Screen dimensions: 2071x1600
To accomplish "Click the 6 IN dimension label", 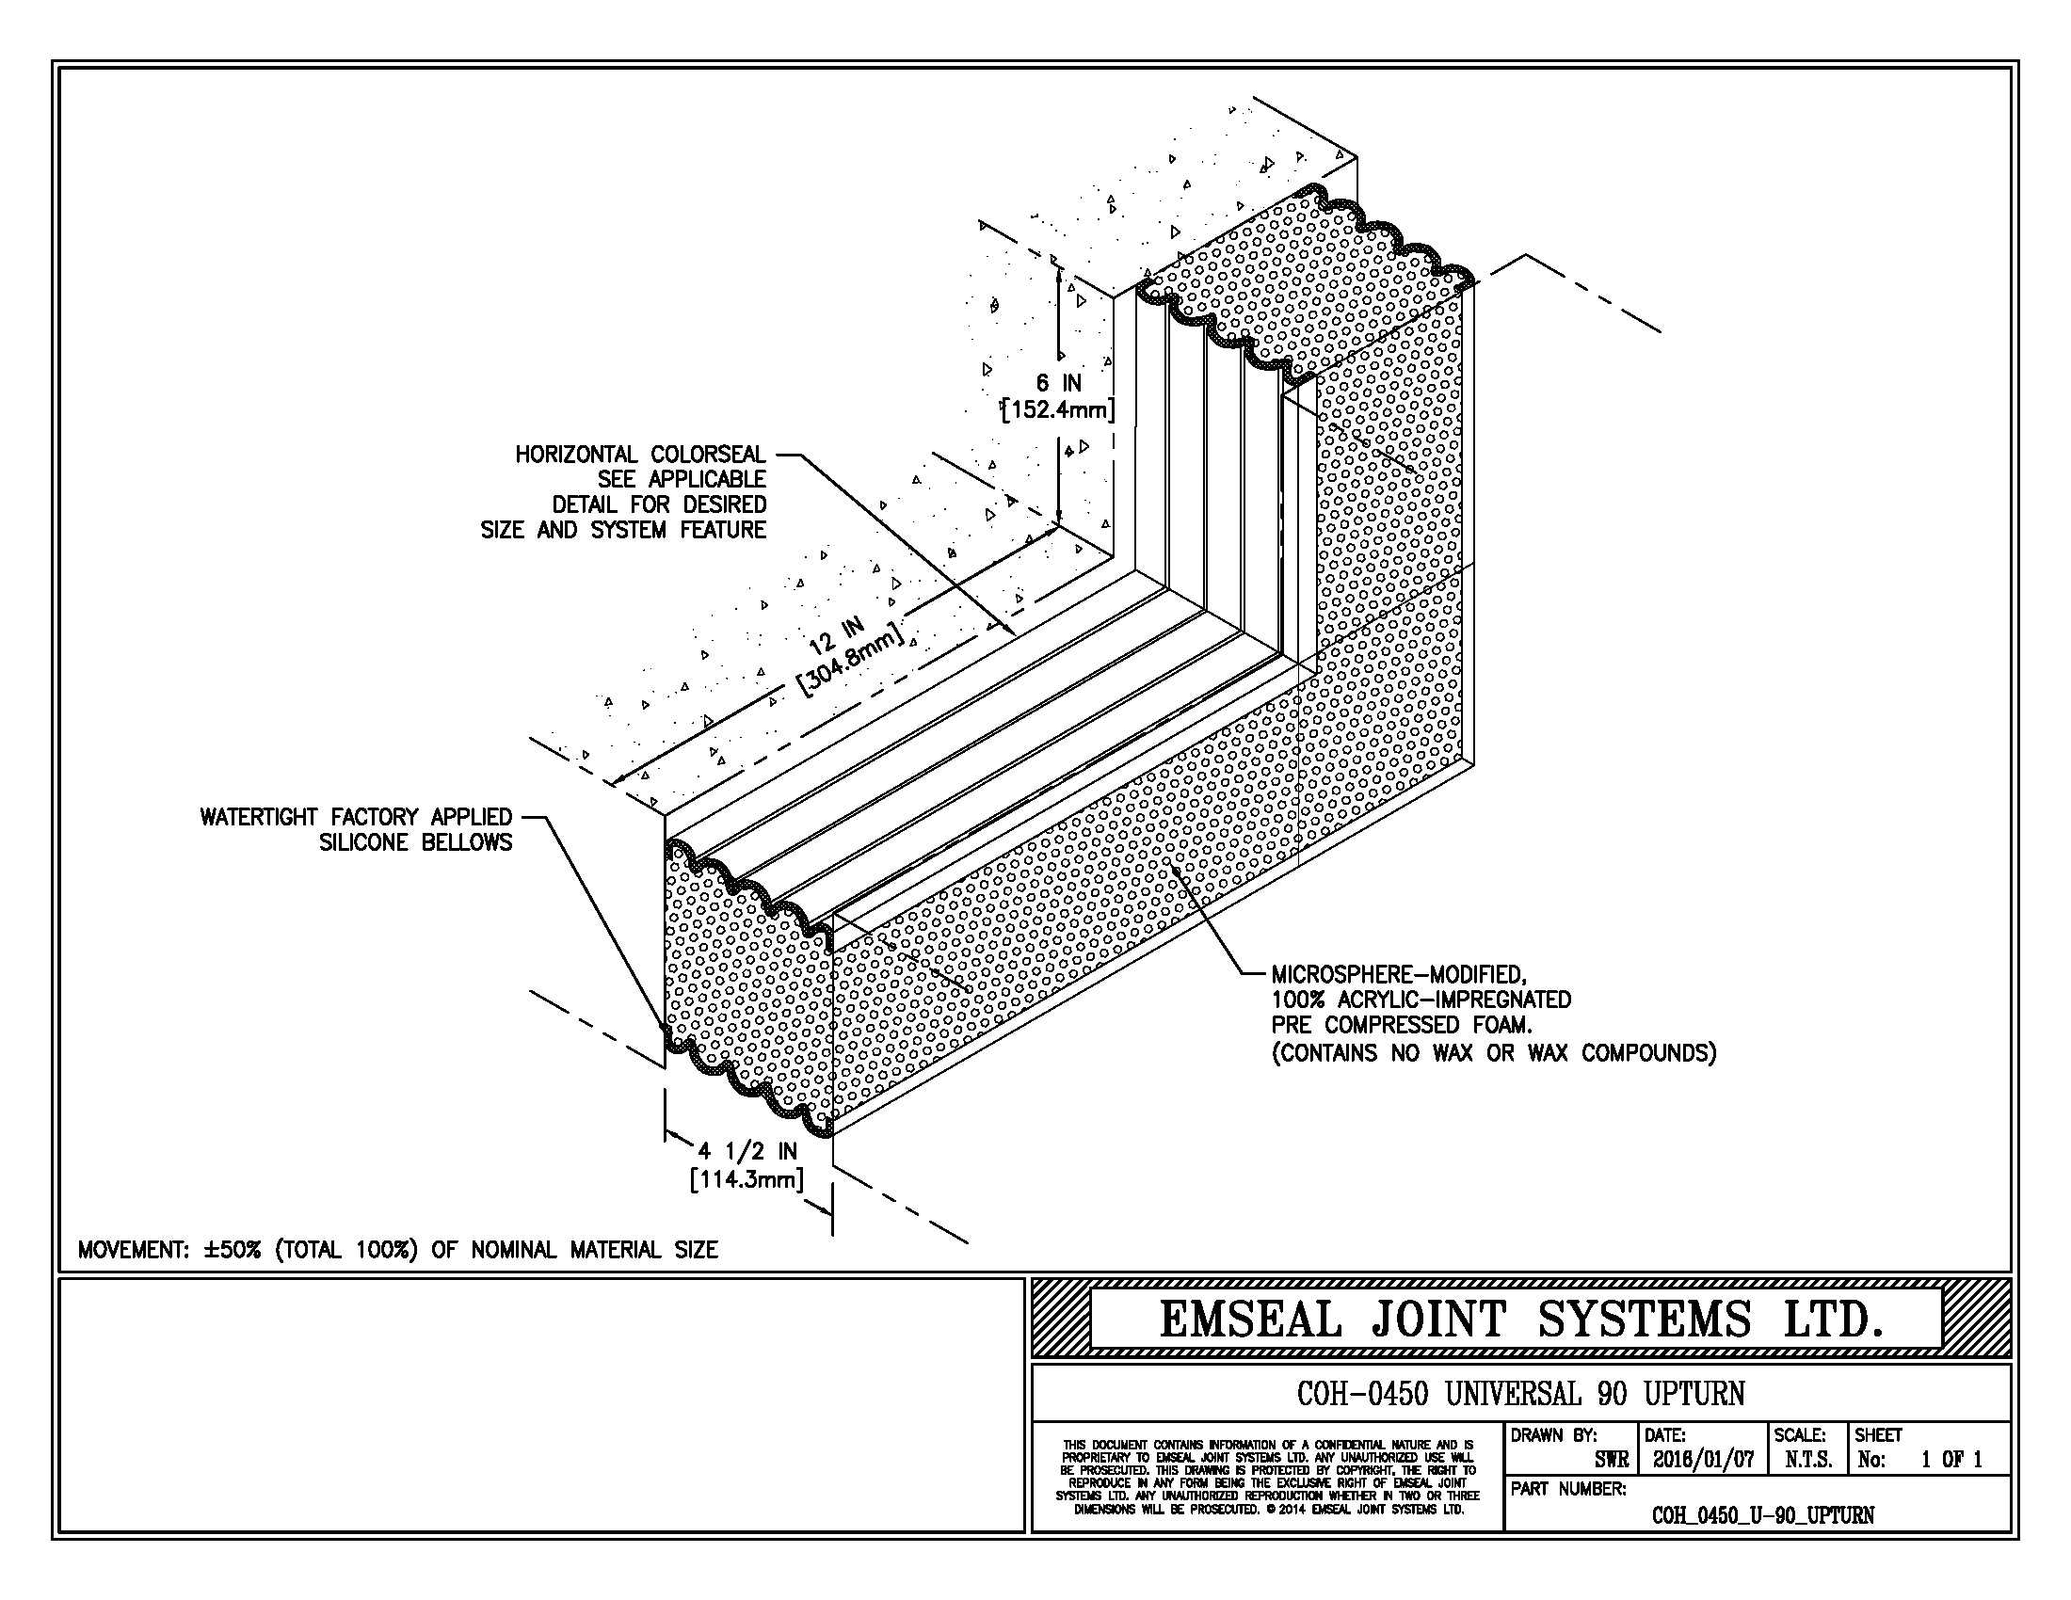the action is tap(1058, 383).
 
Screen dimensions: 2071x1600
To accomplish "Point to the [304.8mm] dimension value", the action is tap(850, 662).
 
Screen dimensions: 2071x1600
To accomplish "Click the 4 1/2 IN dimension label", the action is tap(748, 1152).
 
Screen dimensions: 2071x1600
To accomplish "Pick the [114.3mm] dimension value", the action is tap(748, 1181).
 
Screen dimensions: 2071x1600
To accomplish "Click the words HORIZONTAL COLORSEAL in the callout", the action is tap(641, 455).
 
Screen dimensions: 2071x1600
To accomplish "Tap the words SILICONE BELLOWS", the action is tap(416, 842).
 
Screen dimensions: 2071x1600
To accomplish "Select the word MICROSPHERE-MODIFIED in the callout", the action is tap(1399, 974).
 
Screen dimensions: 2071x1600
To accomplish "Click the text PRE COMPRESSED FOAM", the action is tap(1403, 1026).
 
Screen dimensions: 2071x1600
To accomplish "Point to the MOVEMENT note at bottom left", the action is tap(398, 1250).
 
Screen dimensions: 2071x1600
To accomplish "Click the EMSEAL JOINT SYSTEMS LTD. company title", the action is tap(1521, 1320).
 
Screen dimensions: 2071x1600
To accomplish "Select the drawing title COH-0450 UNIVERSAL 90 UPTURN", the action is tap(1521, 1394).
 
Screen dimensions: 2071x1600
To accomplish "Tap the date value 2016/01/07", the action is tap(1704, 1461).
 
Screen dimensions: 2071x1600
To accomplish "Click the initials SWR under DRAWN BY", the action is tap(1612, 1461).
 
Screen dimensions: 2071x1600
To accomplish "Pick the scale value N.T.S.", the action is tap(1808, 1461).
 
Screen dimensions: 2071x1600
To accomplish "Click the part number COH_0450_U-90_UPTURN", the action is tap(1763, 1515).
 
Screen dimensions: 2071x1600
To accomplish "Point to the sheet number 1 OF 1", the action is tap(1951, 1461).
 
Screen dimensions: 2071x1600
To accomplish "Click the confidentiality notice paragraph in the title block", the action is tap(1268, 1478).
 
